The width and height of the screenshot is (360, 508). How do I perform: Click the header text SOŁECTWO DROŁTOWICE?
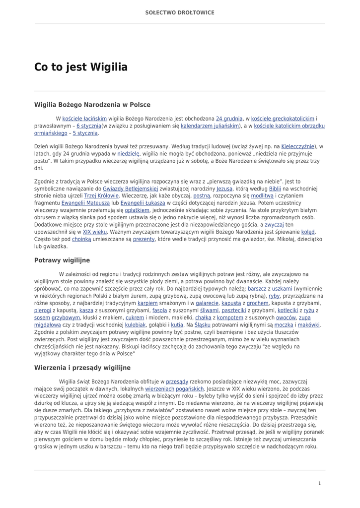tap(180, 12)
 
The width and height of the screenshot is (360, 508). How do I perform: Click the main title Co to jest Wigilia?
tap(81, 67)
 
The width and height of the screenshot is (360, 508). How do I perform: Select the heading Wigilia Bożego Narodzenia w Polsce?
tap(92, 105)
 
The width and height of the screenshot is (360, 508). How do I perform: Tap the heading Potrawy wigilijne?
tap(62, 260)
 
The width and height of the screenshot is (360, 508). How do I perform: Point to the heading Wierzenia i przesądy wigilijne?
tap(82, 368)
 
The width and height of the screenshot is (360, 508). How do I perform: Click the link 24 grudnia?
tap(229, 119)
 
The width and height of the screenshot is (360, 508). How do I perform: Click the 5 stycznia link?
tap(85, 133)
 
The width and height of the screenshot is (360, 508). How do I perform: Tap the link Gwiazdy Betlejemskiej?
tap(131, 189)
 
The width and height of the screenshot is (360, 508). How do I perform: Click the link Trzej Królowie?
tap(101, 195)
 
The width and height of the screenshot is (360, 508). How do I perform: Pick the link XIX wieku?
tap(95, 232)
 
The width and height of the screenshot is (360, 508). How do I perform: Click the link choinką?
tap(81, 239)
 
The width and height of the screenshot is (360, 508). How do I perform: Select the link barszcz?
tap(257, 288)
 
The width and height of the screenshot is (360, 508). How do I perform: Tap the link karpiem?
tap(147, 303)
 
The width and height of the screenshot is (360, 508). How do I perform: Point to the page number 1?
tap(319, 483)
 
